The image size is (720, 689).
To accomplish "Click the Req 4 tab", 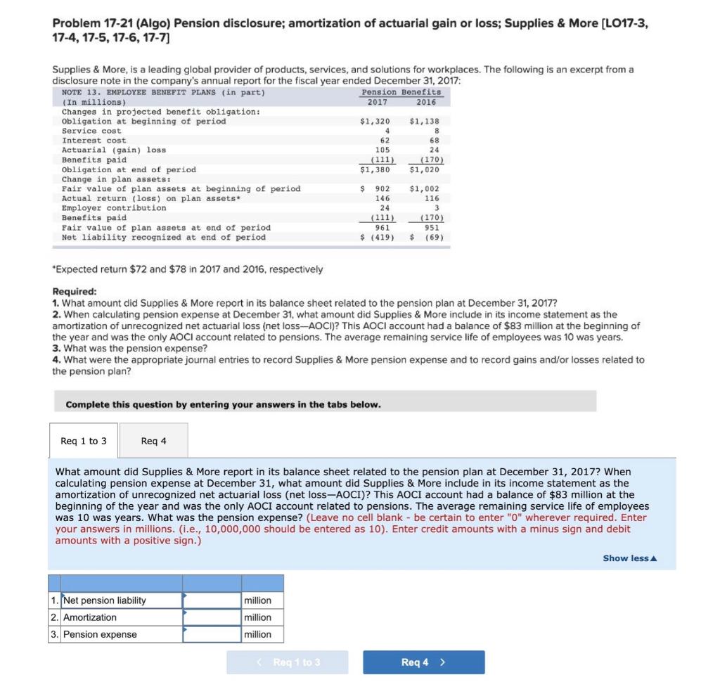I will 153,441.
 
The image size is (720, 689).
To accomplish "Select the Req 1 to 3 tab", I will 84,441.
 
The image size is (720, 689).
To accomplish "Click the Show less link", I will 629,558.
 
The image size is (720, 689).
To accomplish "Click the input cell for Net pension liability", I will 211,600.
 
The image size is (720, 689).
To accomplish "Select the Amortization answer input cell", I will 211,617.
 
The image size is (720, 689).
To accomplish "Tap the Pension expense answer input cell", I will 211,634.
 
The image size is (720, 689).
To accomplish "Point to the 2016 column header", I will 425,102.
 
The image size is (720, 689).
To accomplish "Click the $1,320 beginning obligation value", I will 374,122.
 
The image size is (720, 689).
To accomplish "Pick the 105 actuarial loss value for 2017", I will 382,150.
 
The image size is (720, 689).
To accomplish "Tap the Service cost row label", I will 91,131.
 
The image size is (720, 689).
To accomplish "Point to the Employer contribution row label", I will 114,208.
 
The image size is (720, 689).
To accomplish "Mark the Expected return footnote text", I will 188,269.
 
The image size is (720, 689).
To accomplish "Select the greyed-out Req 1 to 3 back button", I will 287,662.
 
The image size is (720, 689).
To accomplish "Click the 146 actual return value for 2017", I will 382,198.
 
